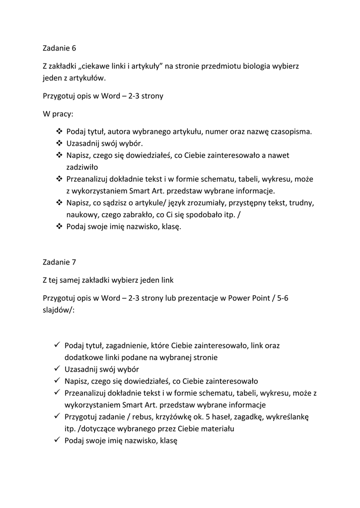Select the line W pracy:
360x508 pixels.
tap(58, 114)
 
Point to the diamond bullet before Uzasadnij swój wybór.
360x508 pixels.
tap(59, 143)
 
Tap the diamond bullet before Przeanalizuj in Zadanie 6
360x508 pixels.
tap(59, 179)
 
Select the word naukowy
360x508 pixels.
tap(82, 215)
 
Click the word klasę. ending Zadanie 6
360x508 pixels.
tap(170, 227)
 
